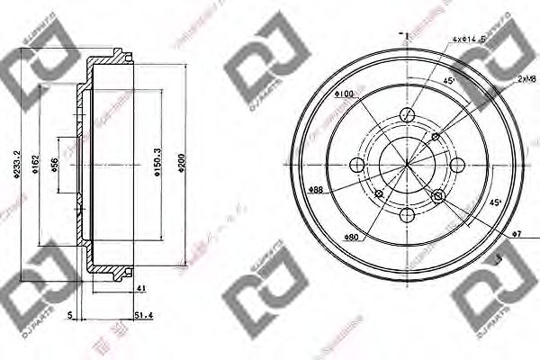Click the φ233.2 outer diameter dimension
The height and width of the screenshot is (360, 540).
tap(8, 164)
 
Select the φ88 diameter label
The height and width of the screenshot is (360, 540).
tap(316, 190)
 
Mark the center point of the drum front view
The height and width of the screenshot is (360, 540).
tap(407, 165)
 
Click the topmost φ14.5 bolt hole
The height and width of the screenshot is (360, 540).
tap(407, 115)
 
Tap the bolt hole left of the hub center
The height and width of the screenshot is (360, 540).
tap(357, 165)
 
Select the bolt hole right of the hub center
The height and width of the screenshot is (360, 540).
tap(456, 165)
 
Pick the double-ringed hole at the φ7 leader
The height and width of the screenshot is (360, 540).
tap(438, 196)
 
